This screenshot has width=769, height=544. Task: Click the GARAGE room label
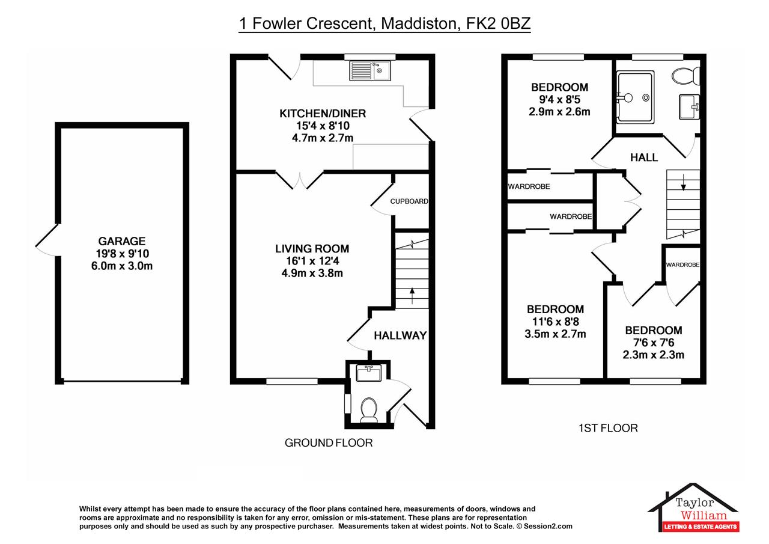click(x=122, y=241)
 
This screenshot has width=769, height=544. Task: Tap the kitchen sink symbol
click(x=370, y=71)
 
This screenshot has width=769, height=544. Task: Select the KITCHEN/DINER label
click(x=323, y=114)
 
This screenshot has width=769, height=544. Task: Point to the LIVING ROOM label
click(x=312, y=249)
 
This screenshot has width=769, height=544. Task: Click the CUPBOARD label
click(x=409, y=201)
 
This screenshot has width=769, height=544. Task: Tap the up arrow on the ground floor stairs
click(x=412, y=296)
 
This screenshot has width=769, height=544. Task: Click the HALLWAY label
click(x=400, y=335)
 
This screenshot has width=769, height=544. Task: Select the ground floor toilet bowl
click(x=369, y=410)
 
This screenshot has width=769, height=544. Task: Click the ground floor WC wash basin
click(x=369, y=373)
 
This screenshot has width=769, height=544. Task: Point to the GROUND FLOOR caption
click(x=329, y=443)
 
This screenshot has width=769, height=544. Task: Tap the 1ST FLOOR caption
click(x=608, y=428)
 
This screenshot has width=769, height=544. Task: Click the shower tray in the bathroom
click(x=635, y=97)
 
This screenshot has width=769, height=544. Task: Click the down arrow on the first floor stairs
click(x=683, y=182)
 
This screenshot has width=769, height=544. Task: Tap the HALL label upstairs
click(x=644, y=157)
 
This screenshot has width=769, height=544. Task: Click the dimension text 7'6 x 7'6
click(x=654, y=343)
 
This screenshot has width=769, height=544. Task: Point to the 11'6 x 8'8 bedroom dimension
click(x=556, y=322)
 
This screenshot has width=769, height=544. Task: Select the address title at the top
click(x=385, y=23)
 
